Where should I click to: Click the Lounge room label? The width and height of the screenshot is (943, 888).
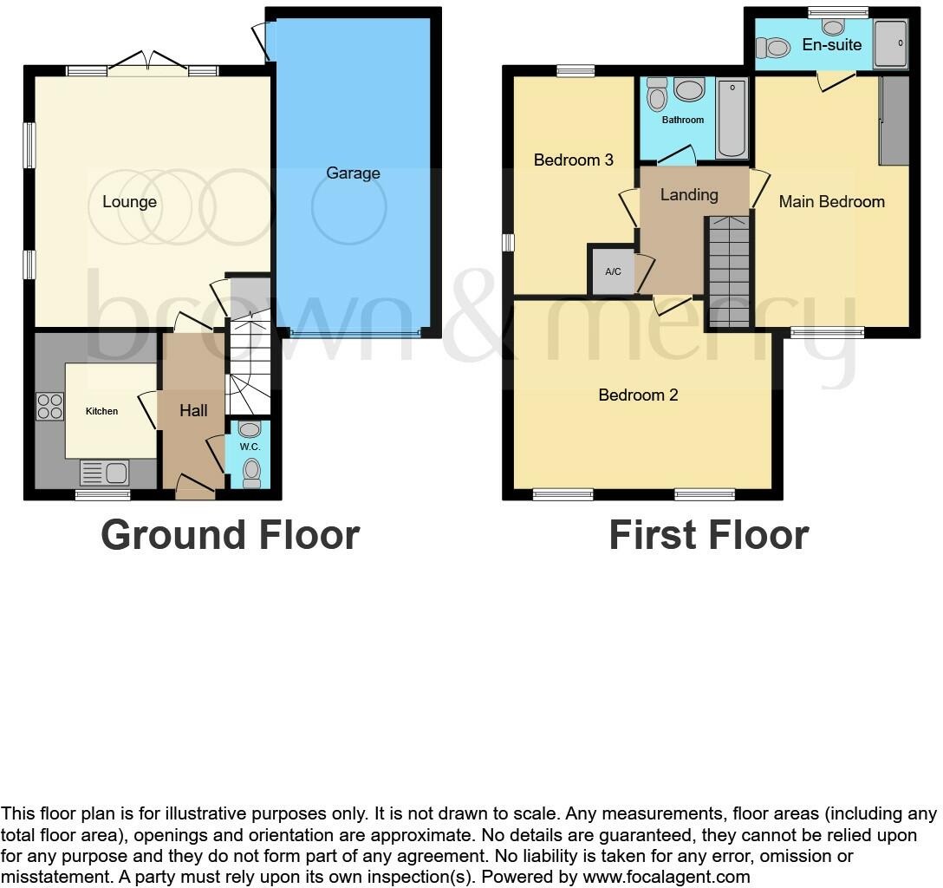pyautogui.click(x=129, y=202)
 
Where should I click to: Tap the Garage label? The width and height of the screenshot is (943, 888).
pyautogui.click(x=353, y=173)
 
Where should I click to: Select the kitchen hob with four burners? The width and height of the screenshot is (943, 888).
pyautogui.click(x=49, y=407)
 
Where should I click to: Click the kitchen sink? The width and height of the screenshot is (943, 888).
pyautogui.click(x=105, y=473)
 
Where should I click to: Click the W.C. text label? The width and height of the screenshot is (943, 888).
pyautogui.click(x=250, y=447)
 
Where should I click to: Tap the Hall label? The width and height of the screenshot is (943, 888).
pyautogui.click(x=193, y=411)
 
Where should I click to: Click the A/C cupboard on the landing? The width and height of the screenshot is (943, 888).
pyautogui.click(x=613, y=271)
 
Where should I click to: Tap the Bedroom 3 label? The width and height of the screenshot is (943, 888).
pyautogui.click(x=573, y=160)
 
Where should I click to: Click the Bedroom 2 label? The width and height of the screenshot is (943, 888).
pyautogui.click(x=638, y=395)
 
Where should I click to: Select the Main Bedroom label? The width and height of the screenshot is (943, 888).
pyautogui.click(x=831, y=202)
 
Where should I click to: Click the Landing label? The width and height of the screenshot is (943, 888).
pyautogui.click(x=689, y=195)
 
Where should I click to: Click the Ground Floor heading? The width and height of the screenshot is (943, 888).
pyautogui.click(x=230, y=535)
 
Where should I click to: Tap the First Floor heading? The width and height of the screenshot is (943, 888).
pyautogui.click(x=708, y=535)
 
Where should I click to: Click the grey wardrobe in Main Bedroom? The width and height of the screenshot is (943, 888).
pyautogui.click(x=894, y=121)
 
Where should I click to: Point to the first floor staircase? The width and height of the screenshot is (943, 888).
pyautogui.click(x=728, y=271)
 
